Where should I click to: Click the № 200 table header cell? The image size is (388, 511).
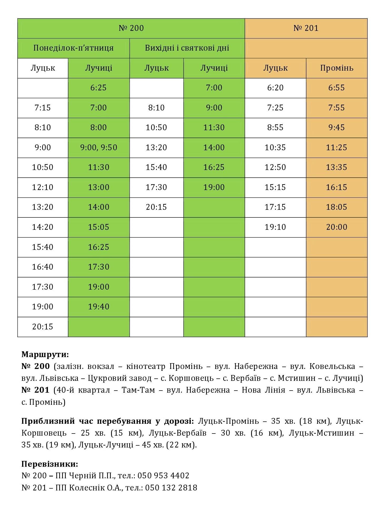131,28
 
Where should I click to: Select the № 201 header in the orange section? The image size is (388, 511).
306,28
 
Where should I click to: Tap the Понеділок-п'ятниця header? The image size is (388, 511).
73,48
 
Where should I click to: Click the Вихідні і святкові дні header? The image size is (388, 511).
187,48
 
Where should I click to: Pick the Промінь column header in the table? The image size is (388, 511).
337,68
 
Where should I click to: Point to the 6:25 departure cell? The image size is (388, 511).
98,88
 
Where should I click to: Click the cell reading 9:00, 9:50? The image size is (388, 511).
98,148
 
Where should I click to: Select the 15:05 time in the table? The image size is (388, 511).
98,227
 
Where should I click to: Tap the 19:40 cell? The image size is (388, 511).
98,307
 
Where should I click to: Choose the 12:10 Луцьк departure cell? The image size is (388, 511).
43,187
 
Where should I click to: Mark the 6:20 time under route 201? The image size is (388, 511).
275,88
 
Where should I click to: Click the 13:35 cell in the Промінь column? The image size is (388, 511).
337,167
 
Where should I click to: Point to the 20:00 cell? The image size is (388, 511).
337,227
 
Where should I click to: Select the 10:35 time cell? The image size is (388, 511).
275,148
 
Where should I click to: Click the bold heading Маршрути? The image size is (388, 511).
45,354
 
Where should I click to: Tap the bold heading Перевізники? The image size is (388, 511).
50,464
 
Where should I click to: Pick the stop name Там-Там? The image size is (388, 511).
138,390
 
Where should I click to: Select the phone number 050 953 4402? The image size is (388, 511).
163,476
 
